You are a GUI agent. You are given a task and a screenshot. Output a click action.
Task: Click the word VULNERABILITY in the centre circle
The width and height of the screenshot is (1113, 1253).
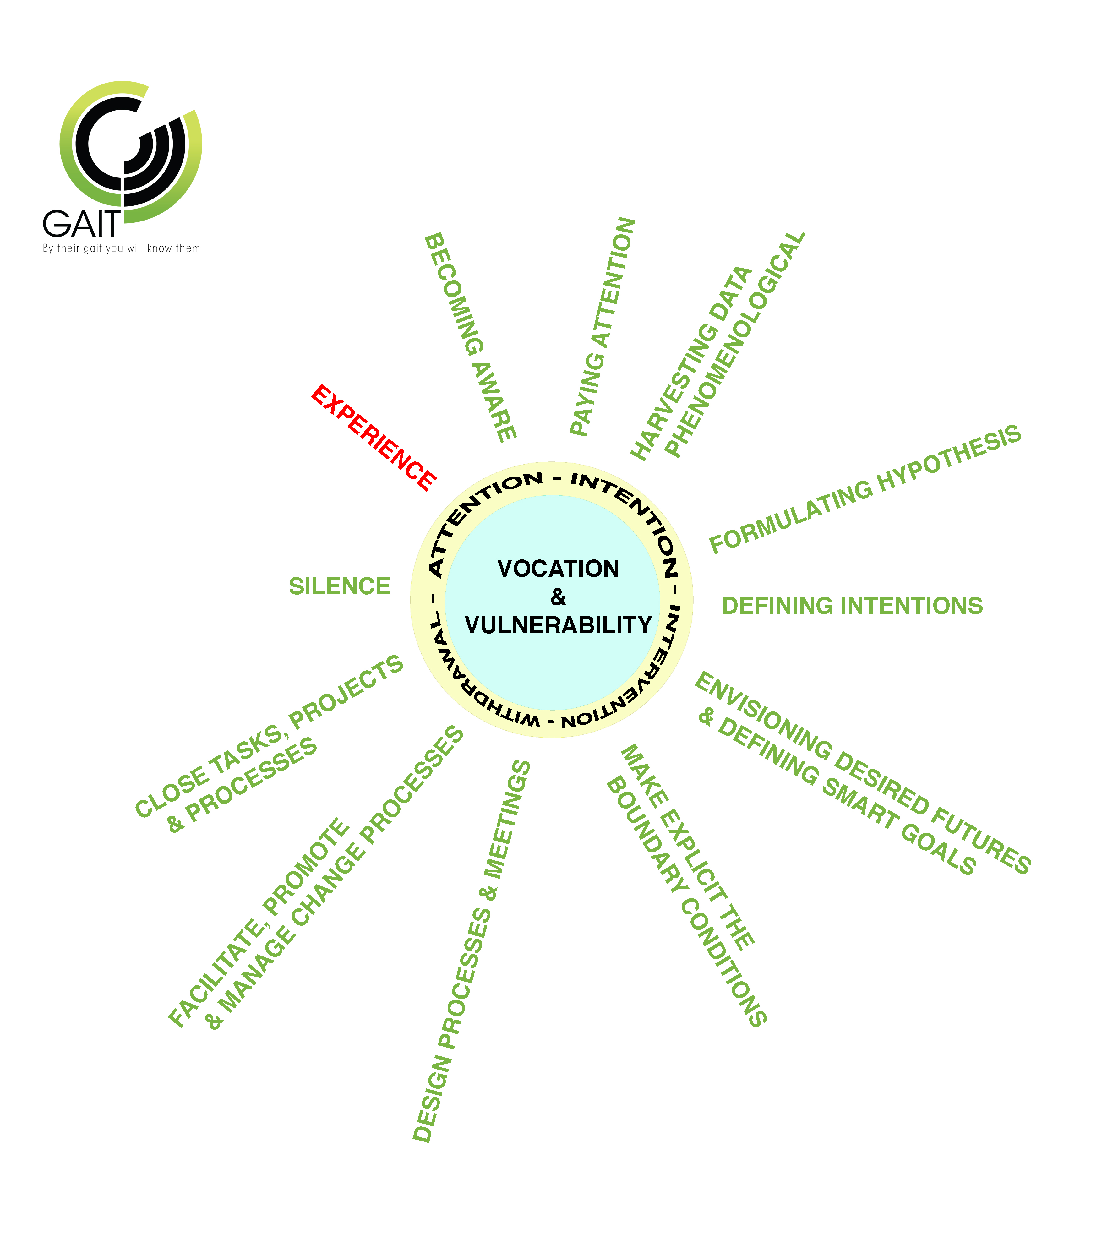click(x=558, y=625)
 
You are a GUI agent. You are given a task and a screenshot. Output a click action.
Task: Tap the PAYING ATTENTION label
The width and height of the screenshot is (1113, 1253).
click(x=603, y=327)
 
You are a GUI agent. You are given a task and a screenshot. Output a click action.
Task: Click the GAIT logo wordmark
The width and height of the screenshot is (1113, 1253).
click(x=81, y=224)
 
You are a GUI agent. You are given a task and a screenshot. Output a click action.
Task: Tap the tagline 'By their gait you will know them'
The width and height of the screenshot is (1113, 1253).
click(x=122, y=248)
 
